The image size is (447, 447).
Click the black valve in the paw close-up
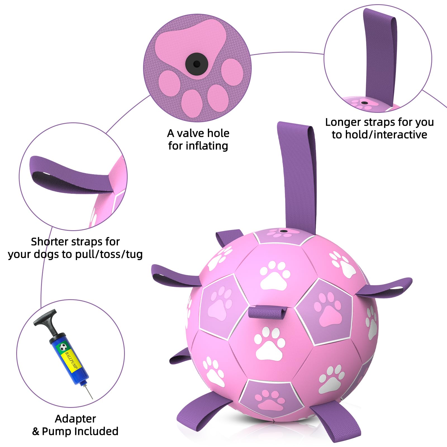coord(197,64)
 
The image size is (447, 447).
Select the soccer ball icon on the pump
coord(63,348)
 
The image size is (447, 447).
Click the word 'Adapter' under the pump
coord(75,419)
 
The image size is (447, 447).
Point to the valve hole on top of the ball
coord(284,232)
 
